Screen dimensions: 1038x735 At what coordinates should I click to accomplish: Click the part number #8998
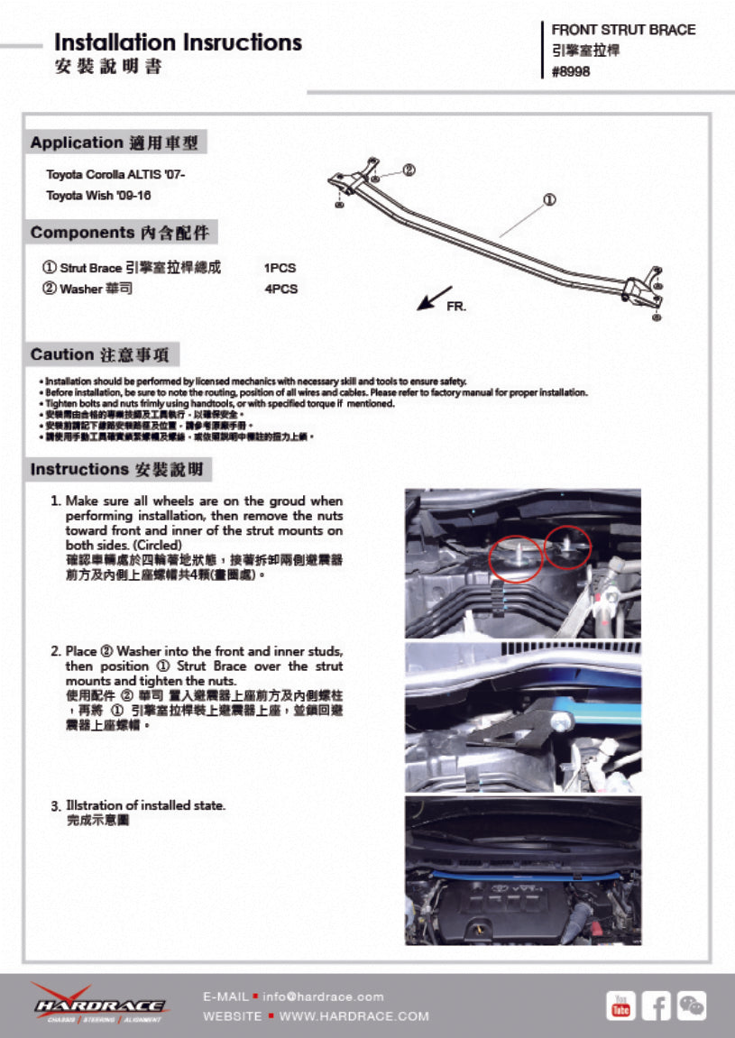571,72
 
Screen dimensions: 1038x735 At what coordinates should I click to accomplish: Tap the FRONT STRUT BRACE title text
623,30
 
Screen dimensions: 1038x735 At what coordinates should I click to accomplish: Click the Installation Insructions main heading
179,42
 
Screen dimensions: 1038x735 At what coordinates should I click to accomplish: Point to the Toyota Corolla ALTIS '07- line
115,174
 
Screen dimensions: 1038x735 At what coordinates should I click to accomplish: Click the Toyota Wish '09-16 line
98,195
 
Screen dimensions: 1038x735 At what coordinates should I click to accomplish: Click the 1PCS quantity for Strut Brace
280,268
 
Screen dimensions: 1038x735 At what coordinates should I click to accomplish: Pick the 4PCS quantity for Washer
280,289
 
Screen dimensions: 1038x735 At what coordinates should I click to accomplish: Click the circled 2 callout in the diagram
408,170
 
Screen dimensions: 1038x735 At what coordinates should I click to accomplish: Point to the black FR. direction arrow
434,299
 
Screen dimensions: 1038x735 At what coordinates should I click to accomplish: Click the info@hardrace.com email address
323,997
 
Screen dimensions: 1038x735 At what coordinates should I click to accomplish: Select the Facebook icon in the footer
656,1005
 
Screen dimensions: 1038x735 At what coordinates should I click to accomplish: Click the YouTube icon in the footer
620,1005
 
